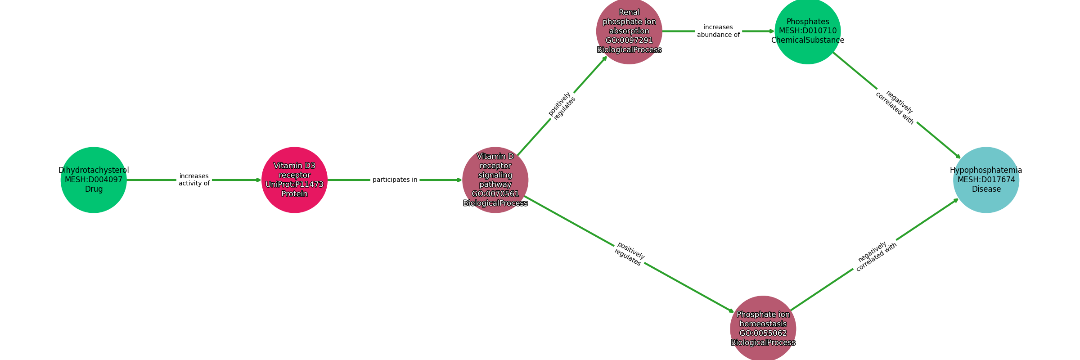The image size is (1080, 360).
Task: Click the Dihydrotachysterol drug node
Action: click(x=94, y=180)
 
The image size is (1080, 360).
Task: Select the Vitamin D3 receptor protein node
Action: click(x=294, y=180)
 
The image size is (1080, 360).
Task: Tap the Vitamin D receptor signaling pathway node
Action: click(x=495, y=180)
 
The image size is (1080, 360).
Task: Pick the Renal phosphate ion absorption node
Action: click(x=629, y=31)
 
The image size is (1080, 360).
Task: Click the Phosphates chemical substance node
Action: click(x=808, y=31)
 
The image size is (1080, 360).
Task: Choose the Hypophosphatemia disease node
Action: click(x=986, y=180)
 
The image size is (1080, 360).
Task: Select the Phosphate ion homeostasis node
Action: click(x=763, y=328)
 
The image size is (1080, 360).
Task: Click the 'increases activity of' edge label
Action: click(x=194, y=180)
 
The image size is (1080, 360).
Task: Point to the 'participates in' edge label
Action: click(x=395, y=180)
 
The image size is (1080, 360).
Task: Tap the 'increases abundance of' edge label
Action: click(x=718, y=31)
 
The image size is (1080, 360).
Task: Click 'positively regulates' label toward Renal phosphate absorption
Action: click(x=562, y=106)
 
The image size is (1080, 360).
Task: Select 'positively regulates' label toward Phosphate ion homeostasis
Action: click(x=629, y=254)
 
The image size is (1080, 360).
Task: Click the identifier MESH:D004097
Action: click(x=94, y=180)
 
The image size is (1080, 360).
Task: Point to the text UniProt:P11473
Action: click(x=294, y=184)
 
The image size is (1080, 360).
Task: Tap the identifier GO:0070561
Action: click(x=495, y=194)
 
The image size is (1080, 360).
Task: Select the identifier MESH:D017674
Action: click(x=986, y=180)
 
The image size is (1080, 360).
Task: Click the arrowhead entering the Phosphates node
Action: click(x=771, y=31)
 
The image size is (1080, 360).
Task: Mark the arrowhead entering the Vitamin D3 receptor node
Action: click(x=258, y=180)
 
